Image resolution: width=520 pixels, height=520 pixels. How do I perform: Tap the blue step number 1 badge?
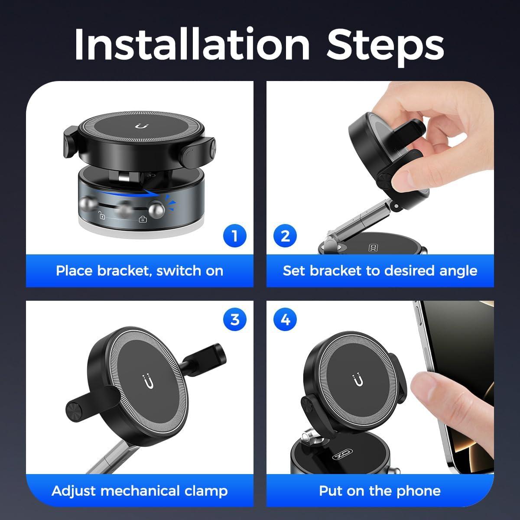[x=234, y=236]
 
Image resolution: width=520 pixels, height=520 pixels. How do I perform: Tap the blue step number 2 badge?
[x=285, y=236]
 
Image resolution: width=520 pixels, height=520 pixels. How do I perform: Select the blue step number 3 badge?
[x=234, y=320]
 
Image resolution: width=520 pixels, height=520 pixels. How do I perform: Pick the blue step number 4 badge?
[x=285, y=320]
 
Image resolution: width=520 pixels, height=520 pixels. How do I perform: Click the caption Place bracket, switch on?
[x=140, y=271]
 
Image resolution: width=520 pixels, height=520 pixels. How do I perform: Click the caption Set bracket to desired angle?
[x=380, y=271]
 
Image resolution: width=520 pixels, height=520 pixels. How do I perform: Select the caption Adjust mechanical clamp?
[x=140, y=491]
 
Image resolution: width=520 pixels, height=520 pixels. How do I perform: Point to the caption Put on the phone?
[x=380, y=491]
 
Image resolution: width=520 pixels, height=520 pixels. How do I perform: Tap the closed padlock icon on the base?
[x=143, y=219]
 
